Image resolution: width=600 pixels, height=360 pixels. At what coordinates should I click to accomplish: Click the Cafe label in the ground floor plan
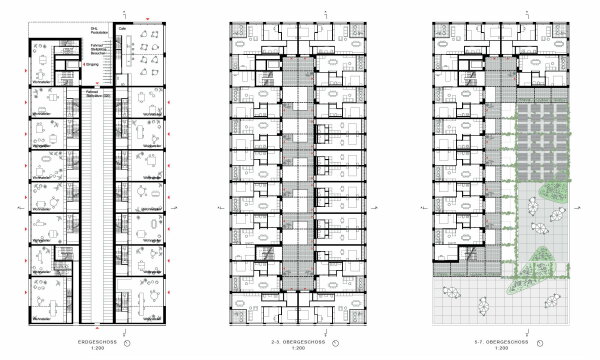tap(122, 29)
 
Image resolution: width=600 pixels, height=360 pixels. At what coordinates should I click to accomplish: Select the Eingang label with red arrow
tap(89, 64)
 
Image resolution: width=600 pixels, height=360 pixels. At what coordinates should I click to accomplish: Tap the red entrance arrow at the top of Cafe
tap(147, 18)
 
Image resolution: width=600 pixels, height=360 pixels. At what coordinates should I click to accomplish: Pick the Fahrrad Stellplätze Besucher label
tap(96, 48)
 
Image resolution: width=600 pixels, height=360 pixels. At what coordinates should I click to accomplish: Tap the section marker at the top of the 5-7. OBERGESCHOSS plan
tap(496, 12)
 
